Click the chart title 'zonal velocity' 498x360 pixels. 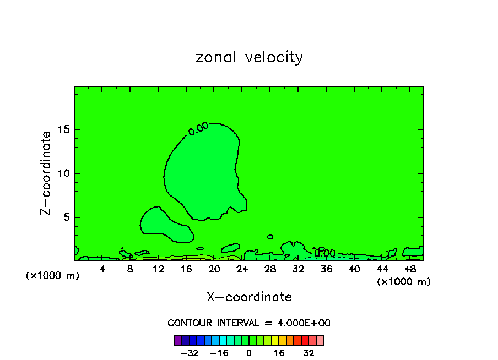tap(249, 57)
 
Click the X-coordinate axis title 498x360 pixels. tap(249, 297)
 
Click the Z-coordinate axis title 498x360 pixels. tap(47, 173)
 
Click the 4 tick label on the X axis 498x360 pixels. tap(102, 269)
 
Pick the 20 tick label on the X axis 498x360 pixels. tap(214, 269)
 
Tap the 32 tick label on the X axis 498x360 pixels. tap(298, 269)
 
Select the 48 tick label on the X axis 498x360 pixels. tap(410, 269)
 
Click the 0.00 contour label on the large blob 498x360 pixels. tap(198, 128)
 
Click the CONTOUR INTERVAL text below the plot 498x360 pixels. tap(249, 323)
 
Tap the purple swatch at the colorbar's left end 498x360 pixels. tap(177, 340)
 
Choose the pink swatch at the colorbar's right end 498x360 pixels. tap(320, 340)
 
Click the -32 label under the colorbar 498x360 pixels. tap(190, 353)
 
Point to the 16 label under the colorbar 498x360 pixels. tap(279, 353)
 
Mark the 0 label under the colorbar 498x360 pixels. tap(249, 353)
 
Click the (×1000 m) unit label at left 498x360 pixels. tap(53, 276)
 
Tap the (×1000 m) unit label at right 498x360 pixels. tap(404, 282)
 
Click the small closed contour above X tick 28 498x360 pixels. tap(270, 236)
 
